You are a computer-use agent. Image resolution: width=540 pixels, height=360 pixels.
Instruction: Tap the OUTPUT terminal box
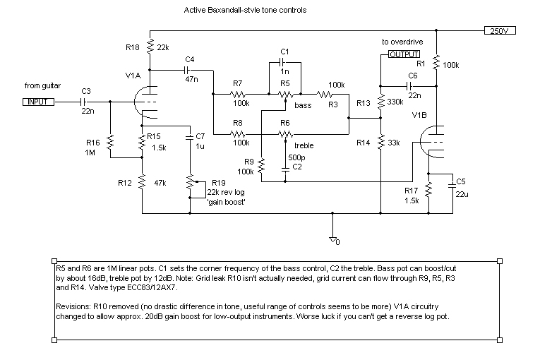(402, 54)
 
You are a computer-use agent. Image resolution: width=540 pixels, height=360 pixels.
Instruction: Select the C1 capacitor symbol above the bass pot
(284, 62)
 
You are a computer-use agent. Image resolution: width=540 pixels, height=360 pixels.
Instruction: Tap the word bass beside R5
(303, 105)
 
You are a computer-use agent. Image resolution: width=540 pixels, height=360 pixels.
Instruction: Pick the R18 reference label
(133, 47)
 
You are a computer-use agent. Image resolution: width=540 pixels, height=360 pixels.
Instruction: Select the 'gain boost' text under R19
(226, 202)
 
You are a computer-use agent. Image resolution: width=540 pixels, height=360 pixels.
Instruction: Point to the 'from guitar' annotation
(42, 85)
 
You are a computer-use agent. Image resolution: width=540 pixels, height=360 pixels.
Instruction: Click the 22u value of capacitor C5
(462, 194)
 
